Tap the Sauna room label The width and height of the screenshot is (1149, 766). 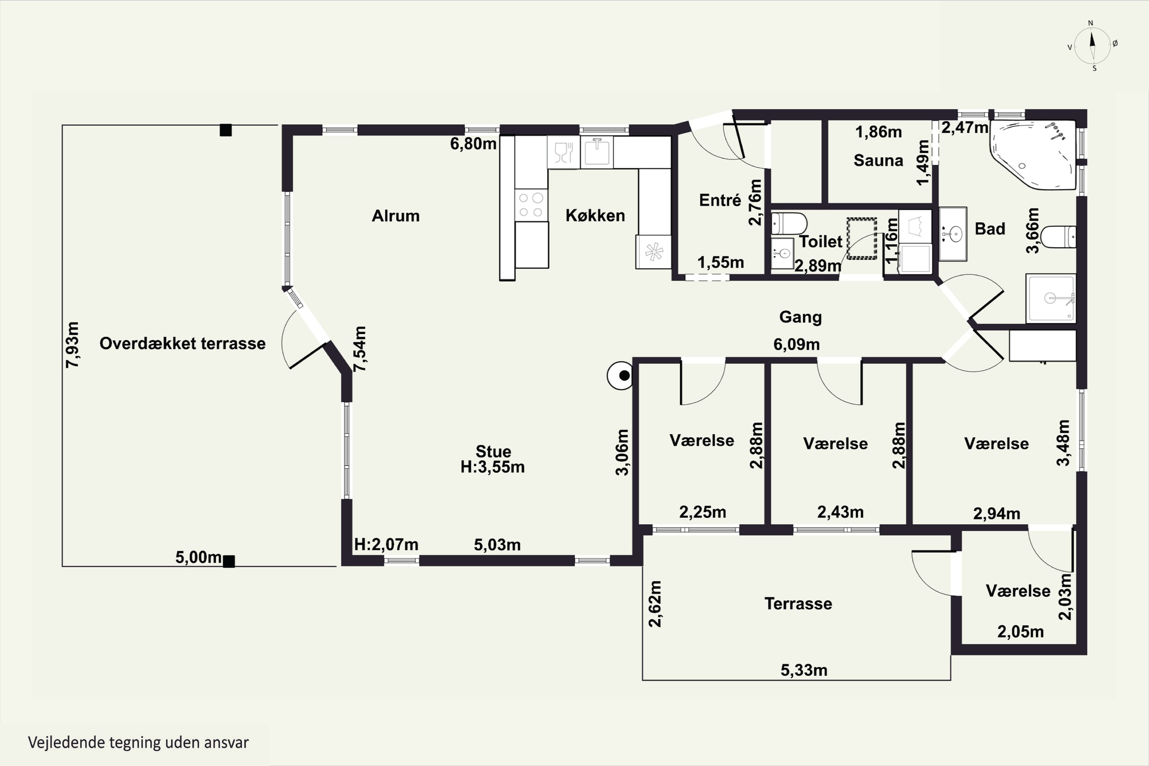click(878, 160)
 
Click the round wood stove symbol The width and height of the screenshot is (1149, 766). click(620, 375)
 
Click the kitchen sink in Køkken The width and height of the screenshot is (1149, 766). click(596, 152)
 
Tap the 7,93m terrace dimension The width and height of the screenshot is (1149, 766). click(72, 345)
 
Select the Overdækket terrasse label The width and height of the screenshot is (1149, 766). click(183, 344)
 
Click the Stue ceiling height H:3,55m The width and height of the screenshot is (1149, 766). click(493, 467)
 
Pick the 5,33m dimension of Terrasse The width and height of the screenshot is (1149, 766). click(804, 670)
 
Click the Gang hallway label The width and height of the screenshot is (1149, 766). click(800, 317)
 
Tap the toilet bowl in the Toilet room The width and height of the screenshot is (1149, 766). click(789, 224)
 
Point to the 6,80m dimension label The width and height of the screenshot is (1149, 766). click(473, 144)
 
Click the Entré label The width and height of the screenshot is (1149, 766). click(720, 200)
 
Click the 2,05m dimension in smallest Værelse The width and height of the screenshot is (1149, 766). click(1021, 632)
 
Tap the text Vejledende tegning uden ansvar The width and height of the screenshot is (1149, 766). click(138, 743)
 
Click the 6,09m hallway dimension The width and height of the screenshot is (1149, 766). click(796, 344)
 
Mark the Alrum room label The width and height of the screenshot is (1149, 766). click(396, 216)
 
